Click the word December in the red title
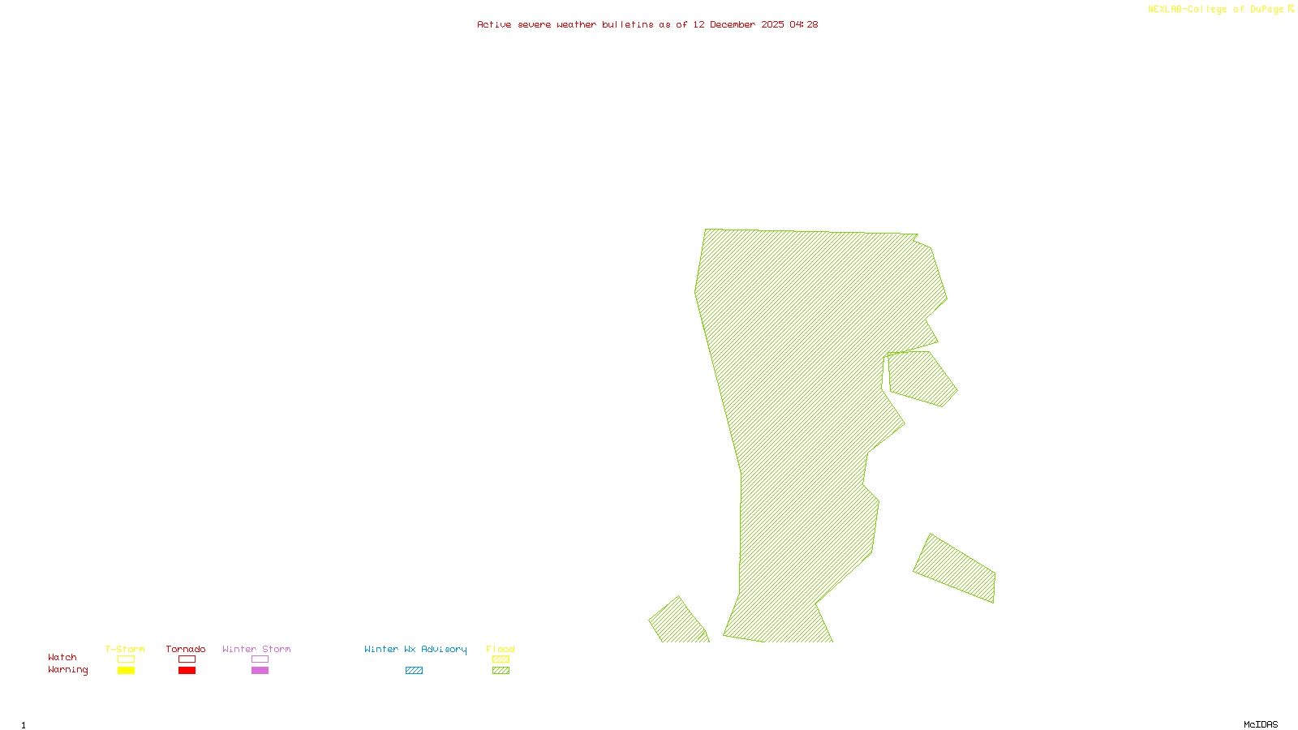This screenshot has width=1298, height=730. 733,24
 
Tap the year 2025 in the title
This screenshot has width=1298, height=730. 772,24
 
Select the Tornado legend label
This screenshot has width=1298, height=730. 186,649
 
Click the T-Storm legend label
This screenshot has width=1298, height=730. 125,649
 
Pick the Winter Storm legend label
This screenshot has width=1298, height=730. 256,649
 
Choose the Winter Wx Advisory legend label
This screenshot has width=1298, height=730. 415,649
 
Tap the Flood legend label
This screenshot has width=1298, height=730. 501,649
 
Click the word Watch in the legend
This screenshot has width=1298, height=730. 62,657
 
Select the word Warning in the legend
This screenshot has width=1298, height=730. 68,670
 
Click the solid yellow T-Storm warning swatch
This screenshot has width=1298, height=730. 126,671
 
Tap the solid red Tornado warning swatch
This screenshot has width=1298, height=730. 187,671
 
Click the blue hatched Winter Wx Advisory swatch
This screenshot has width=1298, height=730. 414,671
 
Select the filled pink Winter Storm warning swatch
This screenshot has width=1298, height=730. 260,671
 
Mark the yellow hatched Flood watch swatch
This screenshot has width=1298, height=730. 501,659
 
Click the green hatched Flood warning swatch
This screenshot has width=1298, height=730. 501,671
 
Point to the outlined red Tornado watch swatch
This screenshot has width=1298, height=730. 187,659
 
